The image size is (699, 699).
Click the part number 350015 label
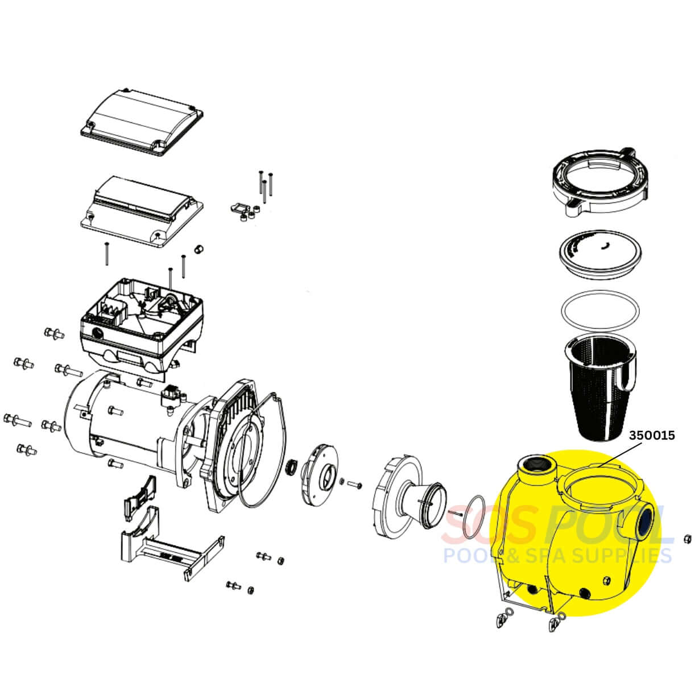[x=652, y=435]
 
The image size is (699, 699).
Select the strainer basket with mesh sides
[x=599, y=390]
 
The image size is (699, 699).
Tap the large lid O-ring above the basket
[x=600, y=311]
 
